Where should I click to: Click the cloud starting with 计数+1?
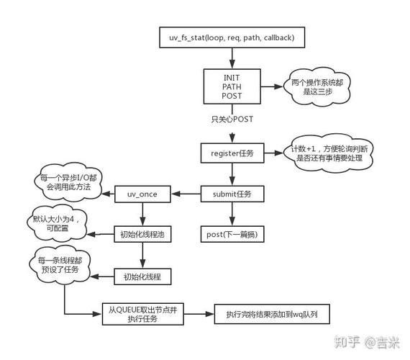(327, 154)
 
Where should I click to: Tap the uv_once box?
(142, 194)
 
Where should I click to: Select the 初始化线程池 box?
(142, 235)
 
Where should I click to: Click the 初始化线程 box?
(142, 276)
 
